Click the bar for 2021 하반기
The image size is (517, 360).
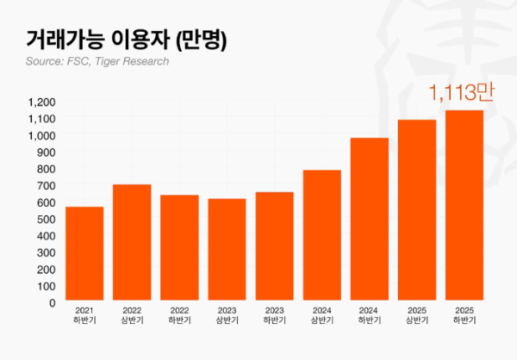(84, 255)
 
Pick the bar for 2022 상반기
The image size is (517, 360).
(132, 244)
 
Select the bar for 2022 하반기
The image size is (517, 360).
(179, 249)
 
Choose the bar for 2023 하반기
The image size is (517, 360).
(274, 247)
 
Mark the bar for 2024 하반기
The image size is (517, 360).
(370, 220)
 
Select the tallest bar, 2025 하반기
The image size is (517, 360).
(464, 207)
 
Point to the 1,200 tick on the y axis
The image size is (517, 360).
(41, 102)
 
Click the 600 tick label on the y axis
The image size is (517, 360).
(45, 202)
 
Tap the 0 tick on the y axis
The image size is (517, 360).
(52, 303)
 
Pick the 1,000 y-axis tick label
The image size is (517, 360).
(41, 135)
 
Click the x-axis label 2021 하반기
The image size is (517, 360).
(84, 314)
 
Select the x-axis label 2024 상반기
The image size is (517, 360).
(322, 314)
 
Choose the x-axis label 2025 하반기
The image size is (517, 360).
(464, 314)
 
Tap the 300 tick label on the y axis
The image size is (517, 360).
(45, 252)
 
